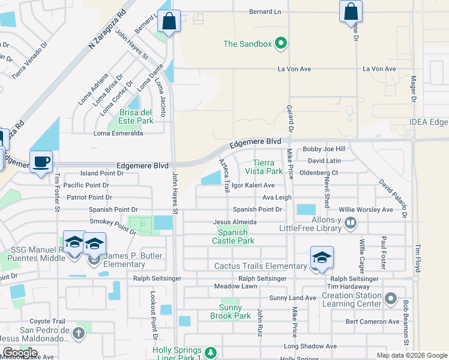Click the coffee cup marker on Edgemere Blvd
pyautogui.click(x=41, y=162)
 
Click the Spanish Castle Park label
pyautogui.click(x=236, y=236)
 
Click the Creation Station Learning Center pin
pyautogui.click(x=391, y=298)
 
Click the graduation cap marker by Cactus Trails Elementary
pyautogui.click(x=322, y=258)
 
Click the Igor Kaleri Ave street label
pyautogui.click(x=253, y=185)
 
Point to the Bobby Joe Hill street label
pyautogui.click(x=324, y=149)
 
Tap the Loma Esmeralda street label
pyautogui.click(x=118, y=133)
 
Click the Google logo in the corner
pyautogui.click(x=20, y=353)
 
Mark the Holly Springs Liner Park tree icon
pyautogui.click(x=210, y=352)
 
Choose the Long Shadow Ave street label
pyautogui.click(x=310, y=346)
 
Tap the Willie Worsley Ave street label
pyautogui.click(x=366, y=209)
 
